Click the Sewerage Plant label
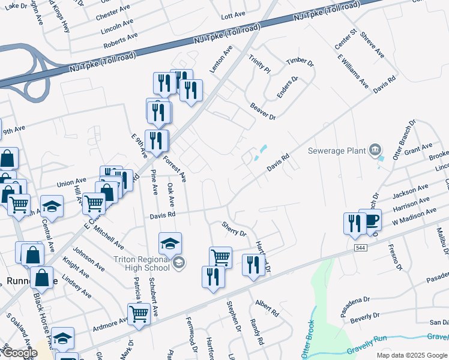336,150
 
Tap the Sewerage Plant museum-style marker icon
375,149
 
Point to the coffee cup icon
370,220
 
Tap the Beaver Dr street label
262,111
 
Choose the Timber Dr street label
300,62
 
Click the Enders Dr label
287,88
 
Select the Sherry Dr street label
234,229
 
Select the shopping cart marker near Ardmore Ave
139,314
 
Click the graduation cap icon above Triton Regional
170,244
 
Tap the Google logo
20,352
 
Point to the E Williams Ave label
352,71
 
